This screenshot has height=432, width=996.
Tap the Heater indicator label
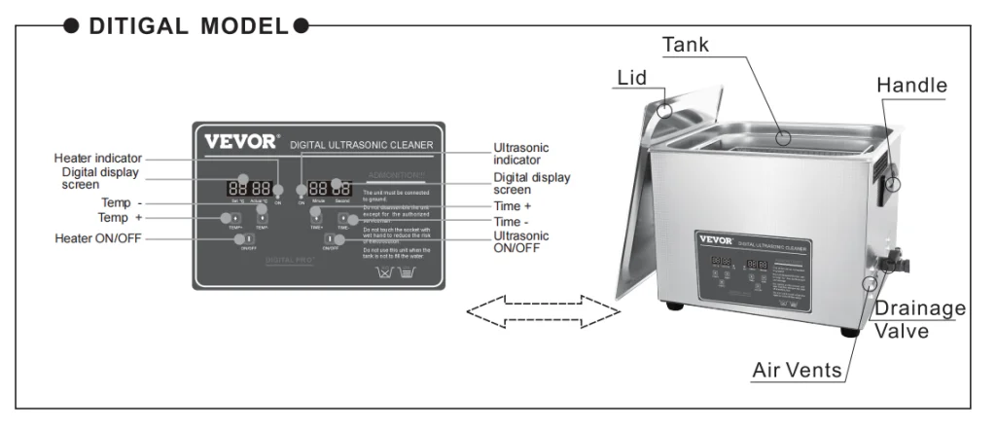(97, 158)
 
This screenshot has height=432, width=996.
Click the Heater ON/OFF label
(98, 238)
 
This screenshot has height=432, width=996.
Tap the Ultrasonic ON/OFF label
(521, 241)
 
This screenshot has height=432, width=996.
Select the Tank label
(686, 45)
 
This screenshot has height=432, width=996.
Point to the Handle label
(911, 86)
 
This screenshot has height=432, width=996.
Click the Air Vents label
(797, 371)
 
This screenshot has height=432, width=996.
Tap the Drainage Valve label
(920, 319)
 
